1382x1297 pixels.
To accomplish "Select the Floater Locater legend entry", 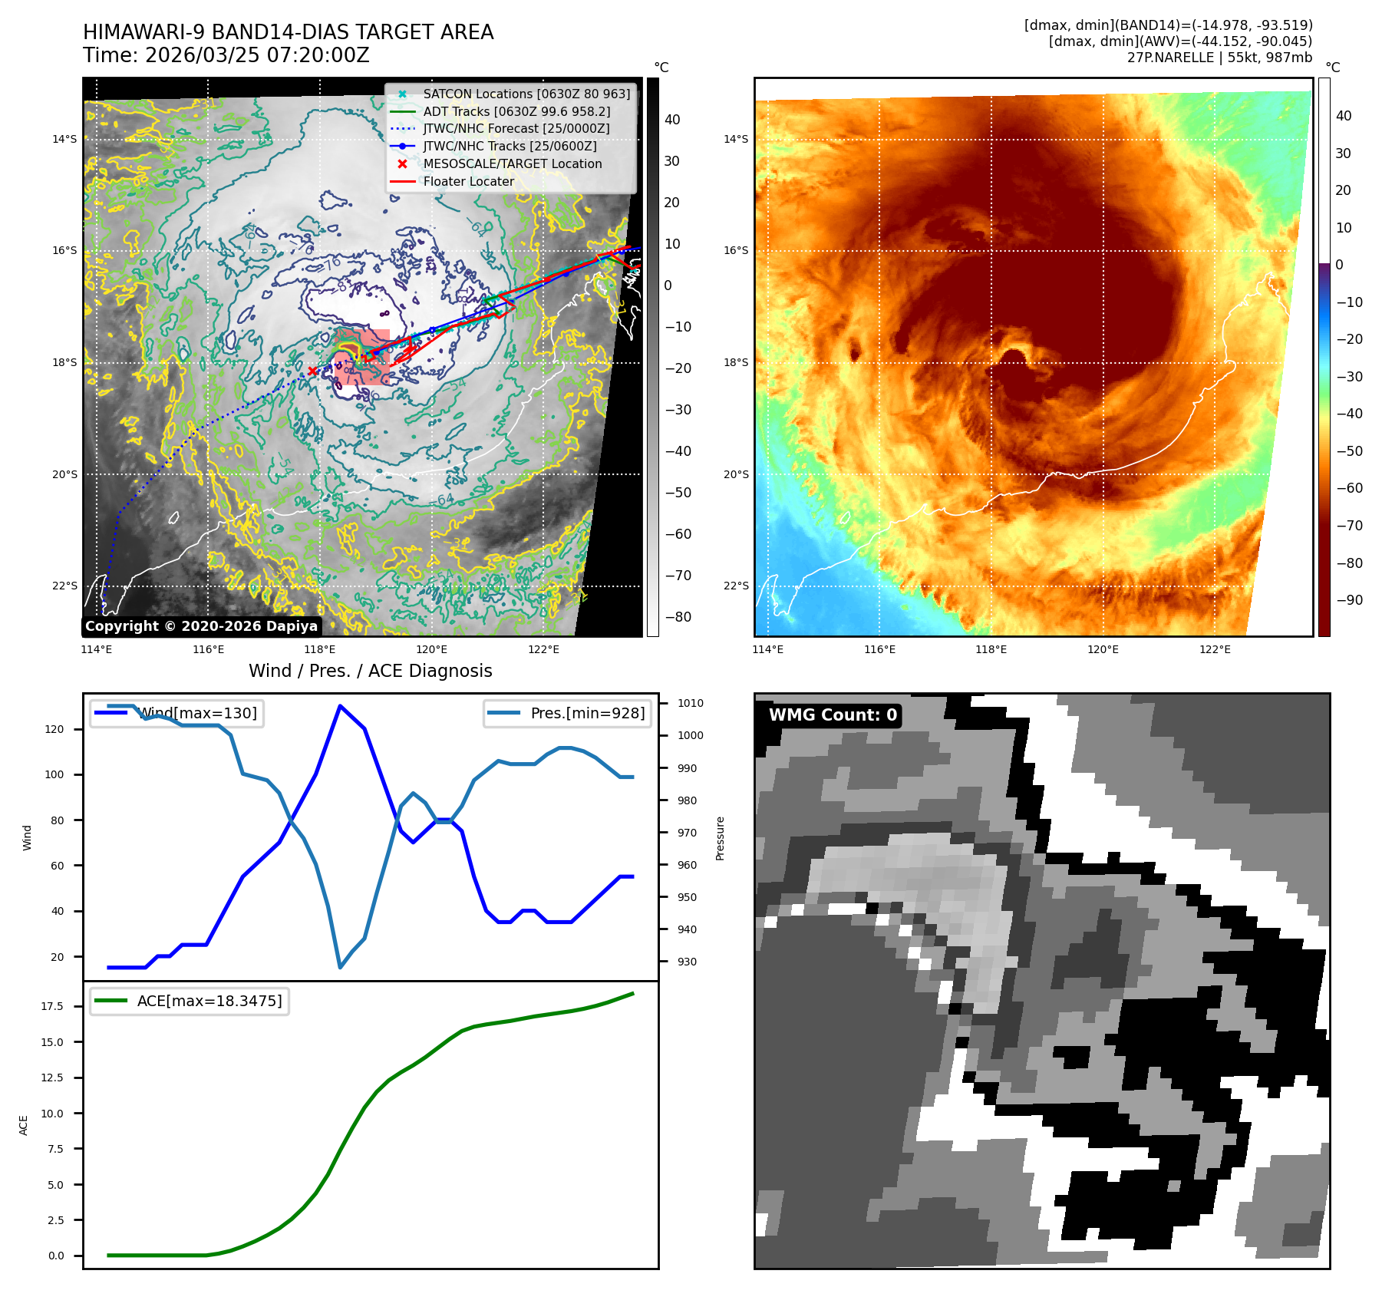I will tap(468, 181).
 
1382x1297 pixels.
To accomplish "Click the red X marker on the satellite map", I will tap(312, 371).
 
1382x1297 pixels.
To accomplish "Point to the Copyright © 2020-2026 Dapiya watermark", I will tap(201, 626).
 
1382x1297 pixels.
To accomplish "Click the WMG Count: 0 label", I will tap(833, 715).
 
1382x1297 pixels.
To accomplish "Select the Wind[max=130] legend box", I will tap(176, 713).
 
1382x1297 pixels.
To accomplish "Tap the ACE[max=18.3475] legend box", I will tap(190, 1001).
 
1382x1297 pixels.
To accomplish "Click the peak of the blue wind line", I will tap(340, 706).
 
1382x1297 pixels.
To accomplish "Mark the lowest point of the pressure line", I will tap(340, 967).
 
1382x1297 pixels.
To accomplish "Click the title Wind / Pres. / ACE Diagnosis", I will tap(370, 671).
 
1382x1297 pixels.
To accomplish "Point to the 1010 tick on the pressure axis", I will tap(690, 703).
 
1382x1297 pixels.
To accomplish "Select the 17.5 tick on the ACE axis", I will tap(52, 1006).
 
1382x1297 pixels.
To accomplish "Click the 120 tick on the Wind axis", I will tap(54, 729).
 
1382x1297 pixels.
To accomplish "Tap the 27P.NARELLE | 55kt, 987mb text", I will tap(1219, 58).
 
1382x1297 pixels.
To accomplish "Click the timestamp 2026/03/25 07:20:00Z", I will tap(257, 55).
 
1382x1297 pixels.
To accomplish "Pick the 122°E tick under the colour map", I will tap(1215, 649).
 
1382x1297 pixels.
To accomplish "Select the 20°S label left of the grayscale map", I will tap(64, 474).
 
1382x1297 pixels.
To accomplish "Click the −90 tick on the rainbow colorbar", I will tap(1349, 600).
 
